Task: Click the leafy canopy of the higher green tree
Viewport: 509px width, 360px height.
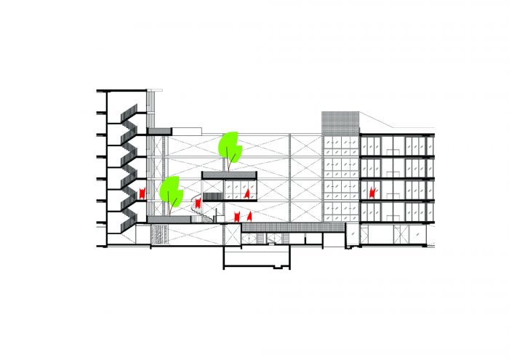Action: coord(231,146)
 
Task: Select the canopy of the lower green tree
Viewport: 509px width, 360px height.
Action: coord(172,190)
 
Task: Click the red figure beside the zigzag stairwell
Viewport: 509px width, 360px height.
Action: coord(143,193)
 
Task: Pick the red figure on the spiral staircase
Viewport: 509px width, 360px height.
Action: coord(197,203)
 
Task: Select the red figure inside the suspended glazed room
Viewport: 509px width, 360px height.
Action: coord(248,193)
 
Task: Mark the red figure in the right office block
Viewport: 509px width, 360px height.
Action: coord(372,193)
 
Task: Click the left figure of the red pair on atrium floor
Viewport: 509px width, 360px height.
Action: coord(237,216)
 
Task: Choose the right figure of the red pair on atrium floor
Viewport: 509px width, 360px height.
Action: coord(249,216)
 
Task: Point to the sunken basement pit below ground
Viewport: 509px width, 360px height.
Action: coord(256,257)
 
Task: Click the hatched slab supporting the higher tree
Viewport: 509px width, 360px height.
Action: coord(231,175)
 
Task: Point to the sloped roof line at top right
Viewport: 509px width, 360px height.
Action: coord(396,124)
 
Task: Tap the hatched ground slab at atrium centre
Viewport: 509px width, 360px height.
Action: coord(284,228)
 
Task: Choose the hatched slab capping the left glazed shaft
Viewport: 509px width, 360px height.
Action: coord(159,131)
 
